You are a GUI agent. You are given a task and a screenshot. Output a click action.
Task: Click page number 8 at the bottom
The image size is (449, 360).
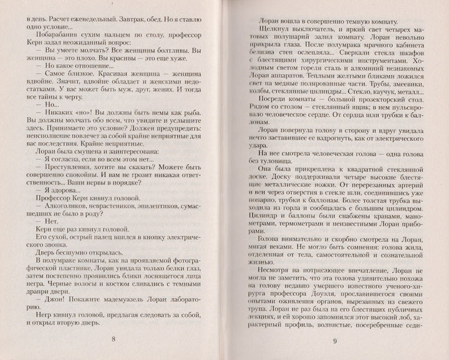[x=112, y=339]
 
